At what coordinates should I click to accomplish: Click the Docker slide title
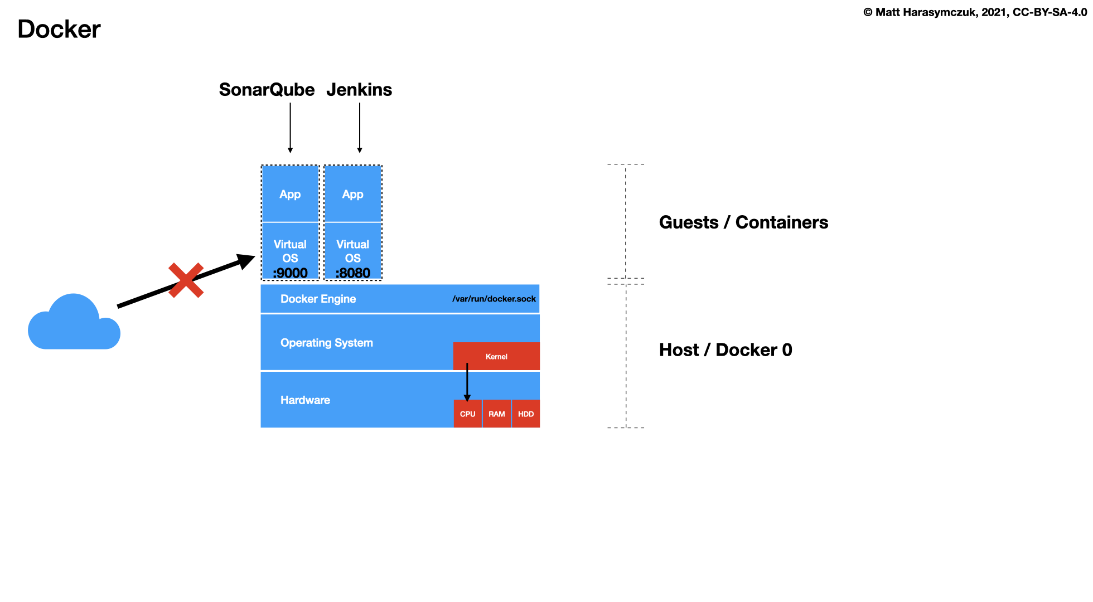tap(59, 29)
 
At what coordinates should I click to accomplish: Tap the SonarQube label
tap(267, 90)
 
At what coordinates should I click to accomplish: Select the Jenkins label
tap(359, 90)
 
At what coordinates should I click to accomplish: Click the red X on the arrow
tap(186, 280)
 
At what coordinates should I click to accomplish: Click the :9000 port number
tap(290, 273)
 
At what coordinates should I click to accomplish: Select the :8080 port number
tap(352, 273)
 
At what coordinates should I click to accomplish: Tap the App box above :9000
tap(290, 194)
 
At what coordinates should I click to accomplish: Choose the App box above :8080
tap(352, 194)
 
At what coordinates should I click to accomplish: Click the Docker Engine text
tap(318, 299)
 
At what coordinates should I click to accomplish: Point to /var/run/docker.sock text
tap(494, 299)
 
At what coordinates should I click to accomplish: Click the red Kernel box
tap(496, 356)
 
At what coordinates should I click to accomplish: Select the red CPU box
tap(467, 414)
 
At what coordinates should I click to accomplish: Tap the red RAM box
tap(496, 414)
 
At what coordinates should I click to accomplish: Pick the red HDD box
tap(525, 414)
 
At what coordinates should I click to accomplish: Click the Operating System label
tap(326, 343)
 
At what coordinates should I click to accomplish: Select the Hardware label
tap(305, 400)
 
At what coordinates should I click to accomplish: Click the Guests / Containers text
tap(743, 222)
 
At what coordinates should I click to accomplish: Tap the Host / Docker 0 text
tap(725, 350)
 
